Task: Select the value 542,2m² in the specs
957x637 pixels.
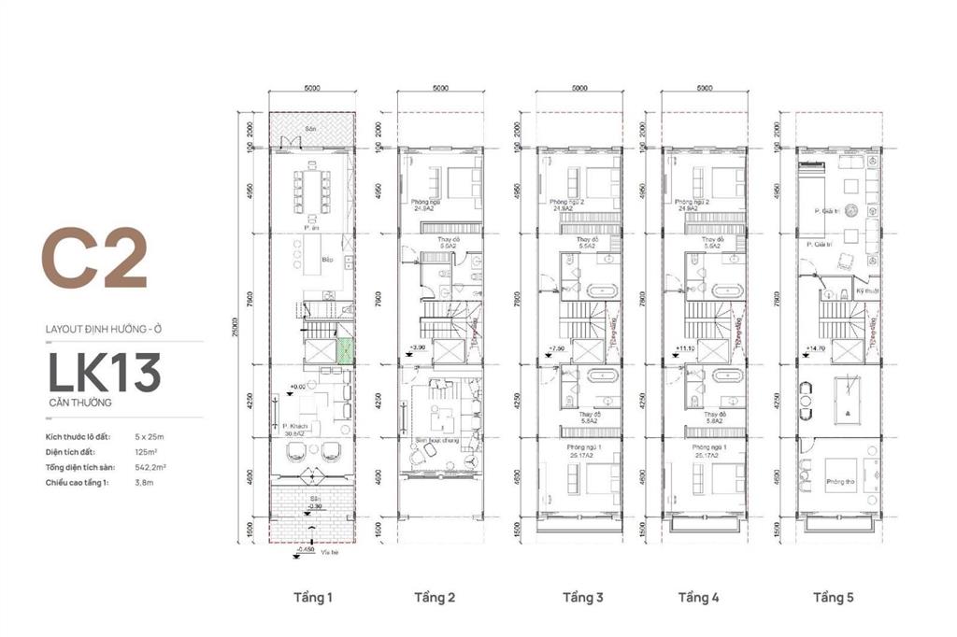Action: [x=152, y=466]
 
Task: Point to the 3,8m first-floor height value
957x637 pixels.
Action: [x=147, y=482]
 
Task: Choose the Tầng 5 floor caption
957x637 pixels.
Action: [x=833, y=597]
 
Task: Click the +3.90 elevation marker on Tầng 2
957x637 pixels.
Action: [x=418, y=347]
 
